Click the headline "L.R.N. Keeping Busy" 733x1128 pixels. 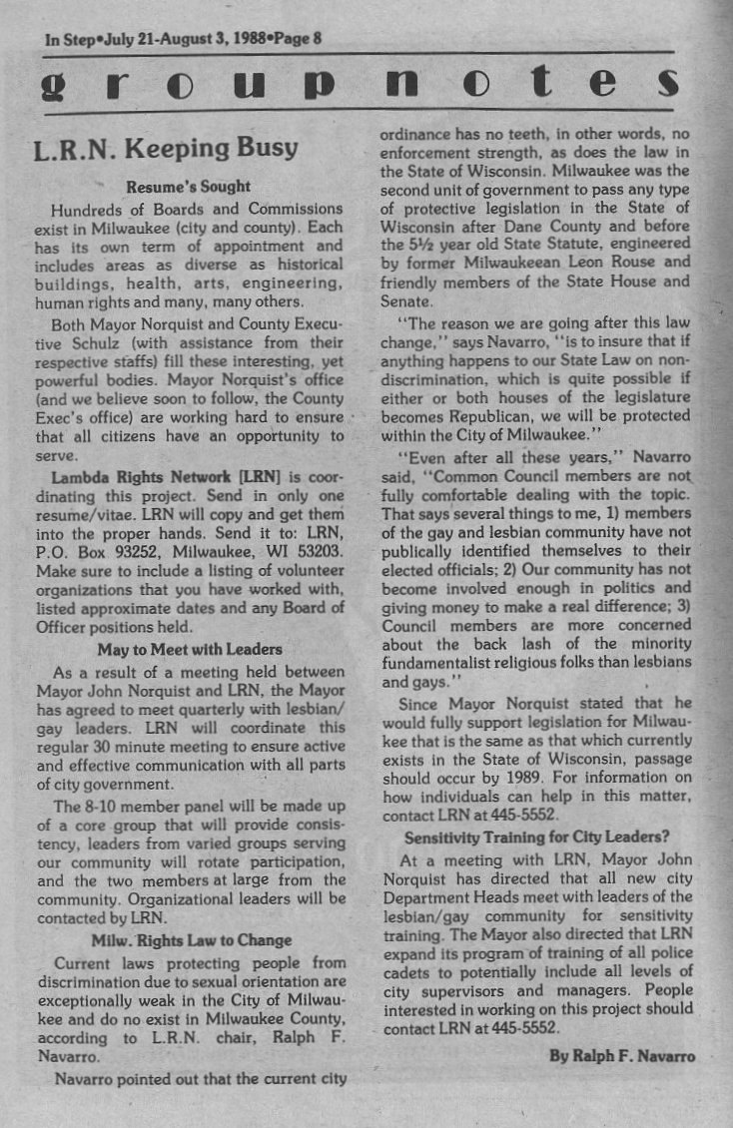click(x=166, y=149)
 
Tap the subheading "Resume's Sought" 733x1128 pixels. click(x=189, y=186)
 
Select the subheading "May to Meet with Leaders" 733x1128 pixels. click(x=190, y=649)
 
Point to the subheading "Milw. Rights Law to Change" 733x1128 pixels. click(x=192, y=939)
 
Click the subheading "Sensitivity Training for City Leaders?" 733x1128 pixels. click(x=536, y=837)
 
